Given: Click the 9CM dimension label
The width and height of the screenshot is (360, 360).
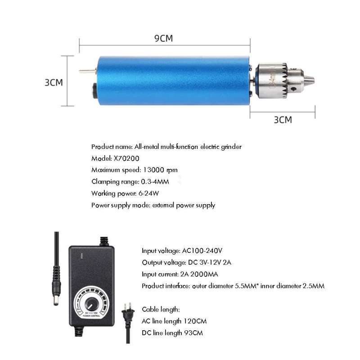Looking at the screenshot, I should pyautogui.click(x=163, y=38).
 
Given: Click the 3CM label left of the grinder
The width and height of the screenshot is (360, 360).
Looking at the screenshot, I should pyautogui.click(x=54, y=82).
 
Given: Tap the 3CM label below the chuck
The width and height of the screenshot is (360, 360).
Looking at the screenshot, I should pyautogui.click(x=283, y=120).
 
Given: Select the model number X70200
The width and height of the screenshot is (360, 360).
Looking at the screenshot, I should pyautogui.click(x=128, y=158).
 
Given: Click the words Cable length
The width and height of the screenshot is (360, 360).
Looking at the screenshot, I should pyautogui.click(x=161, y=309).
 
